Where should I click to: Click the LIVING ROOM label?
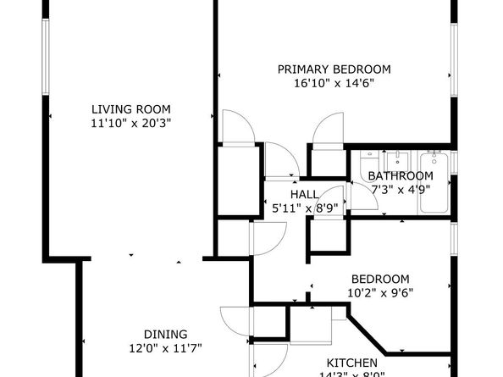click(x=131, y=108)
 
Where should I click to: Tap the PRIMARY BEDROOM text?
click(x=334, y=69)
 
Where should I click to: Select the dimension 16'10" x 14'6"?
click(x=334, y=84)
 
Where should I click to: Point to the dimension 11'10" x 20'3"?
click(x=131, y=123)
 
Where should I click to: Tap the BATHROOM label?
click(x=401, y=176)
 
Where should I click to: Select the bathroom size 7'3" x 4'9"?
click(x=401, y=189)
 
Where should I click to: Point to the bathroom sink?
click(x=395, y=160)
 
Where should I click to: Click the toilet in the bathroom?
click(x=368, y=163)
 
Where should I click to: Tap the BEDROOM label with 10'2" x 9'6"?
click(x=380, y=279)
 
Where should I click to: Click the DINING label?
click(x=165, y=334)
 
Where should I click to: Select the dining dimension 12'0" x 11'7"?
click(x=165, y=347)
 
